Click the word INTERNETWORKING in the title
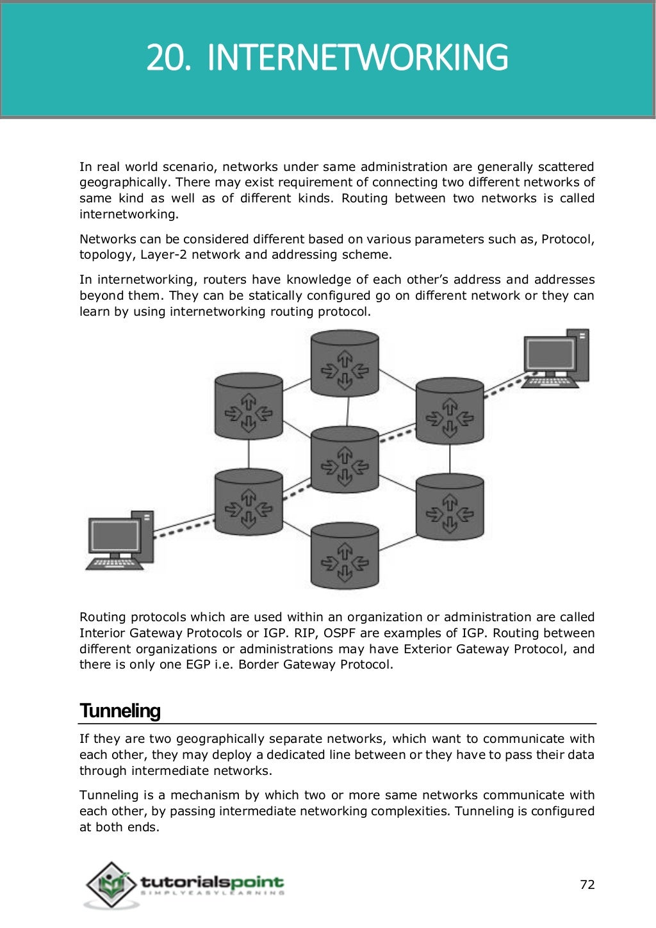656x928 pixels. (357, 58)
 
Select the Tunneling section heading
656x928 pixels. (120, 711)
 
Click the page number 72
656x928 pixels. (587, 884)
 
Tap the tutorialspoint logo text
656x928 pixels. (211, 883)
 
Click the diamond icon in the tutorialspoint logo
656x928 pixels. (111, 884)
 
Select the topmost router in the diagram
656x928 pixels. (345, 364)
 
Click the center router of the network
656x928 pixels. (345, 460)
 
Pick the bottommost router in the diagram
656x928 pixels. (345, 556)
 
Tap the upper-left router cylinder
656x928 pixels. (249, 407)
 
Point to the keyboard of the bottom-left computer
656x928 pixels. (114, 564)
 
